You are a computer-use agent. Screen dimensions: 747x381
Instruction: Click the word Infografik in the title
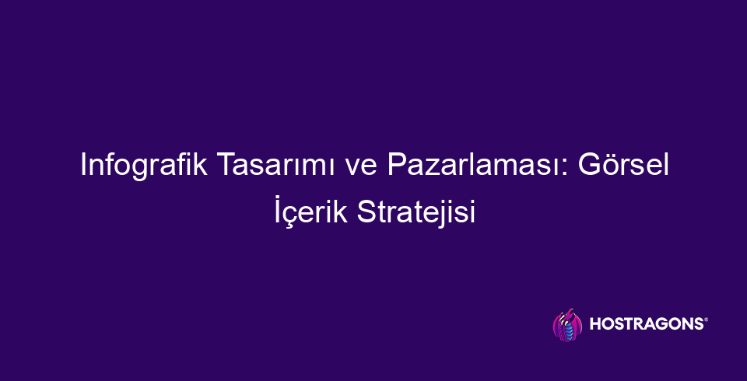[144, 166]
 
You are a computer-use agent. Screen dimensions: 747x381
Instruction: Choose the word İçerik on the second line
[311, 211]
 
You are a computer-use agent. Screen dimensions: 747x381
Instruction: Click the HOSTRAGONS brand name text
[646, 324]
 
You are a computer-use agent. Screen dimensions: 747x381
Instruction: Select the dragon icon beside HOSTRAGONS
[567, 325]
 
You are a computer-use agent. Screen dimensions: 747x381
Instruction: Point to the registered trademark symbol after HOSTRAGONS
[706, 320]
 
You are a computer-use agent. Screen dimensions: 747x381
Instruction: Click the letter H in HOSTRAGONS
[595, 324]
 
